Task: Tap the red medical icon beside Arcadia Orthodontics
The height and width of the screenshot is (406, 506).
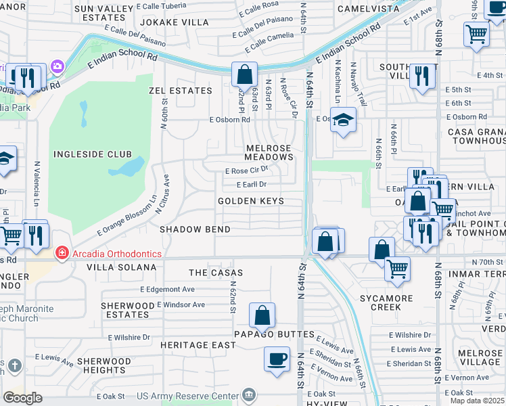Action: [62, 253]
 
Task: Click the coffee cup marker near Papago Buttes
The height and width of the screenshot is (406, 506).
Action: [276, 359]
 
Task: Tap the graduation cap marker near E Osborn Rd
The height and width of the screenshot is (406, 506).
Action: [344, 120]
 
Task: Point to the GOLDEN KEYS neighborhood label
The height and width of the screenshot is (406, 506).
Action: [250, 201]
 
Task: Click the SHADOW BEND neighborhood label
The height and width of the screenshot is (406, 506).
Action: [195, 229]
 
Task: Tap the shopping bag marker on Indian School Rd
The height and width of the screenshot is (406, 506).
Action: [244, 74]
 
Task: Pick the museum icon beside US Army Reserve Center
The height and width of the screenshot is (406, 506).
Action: [249, 394]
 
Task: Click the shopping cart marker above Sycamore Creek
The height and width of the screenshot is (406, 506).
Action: [397, 267]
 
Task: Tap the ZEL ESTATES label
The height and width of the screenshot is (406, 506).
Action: [180, 90]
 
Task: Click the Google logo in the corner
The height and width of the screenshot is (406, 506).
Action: [22, 397]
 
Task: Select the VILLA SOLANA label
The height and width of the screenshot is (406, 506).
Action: [121, 267]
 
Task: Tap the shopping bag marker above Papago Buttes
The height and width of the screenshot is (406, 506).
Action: [262, 315]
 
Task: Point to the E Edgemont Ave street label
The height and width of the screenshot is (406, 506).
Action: [168, 289]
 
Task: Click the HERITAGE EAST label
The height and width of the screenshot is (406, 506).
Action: [198, 345]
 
